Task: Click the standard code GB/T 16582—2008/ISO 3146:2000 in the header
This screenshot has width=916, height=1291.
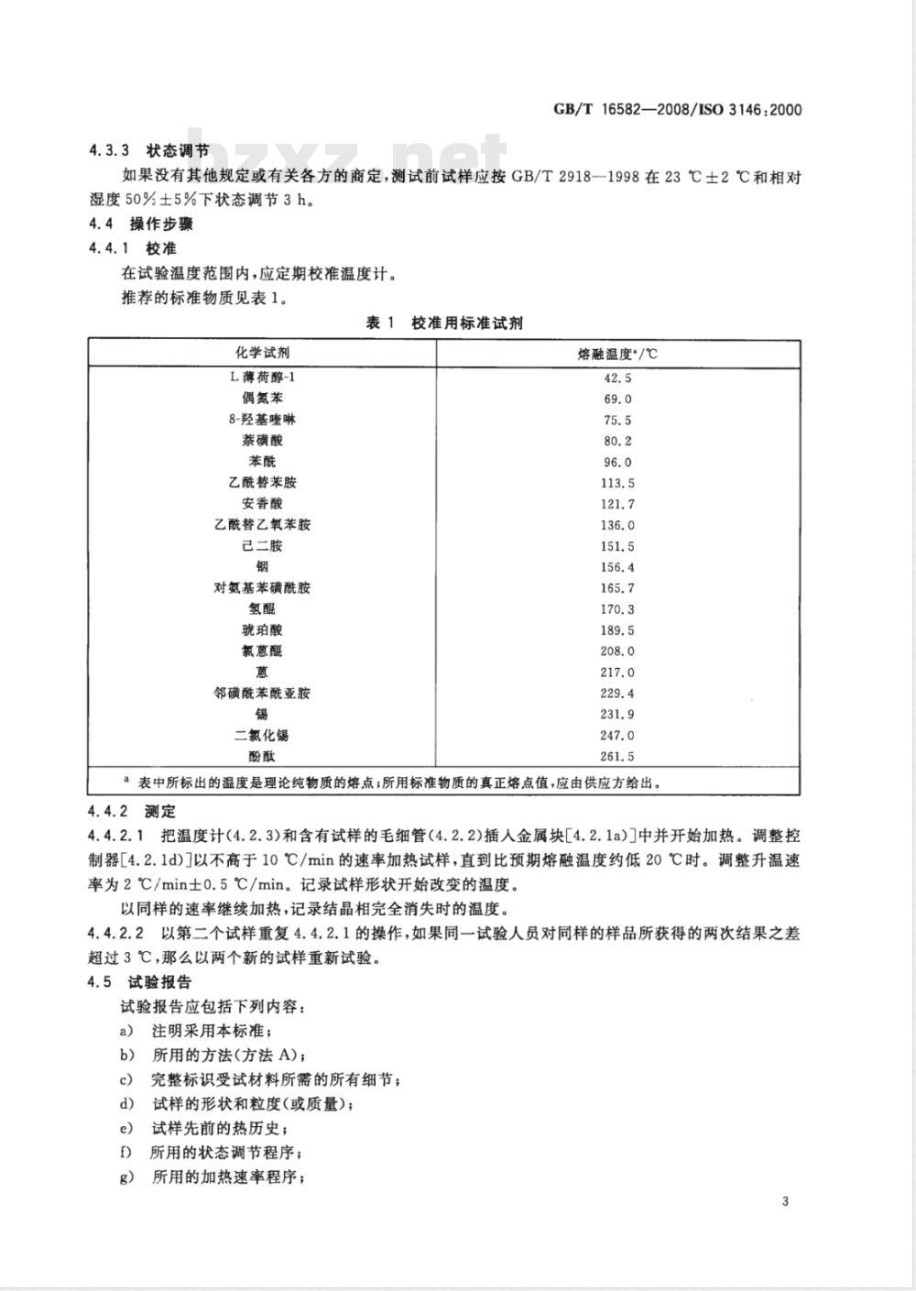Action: click(x=678, y=110)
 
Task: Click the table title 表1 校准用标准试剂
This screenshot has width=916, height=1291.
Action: click(x=444, y=323)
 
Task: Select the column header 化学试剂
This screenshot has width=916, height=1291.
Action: click(x=262, y=354)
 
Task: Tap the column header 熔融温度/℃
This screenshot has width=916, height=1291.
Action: click(x=617, y=354)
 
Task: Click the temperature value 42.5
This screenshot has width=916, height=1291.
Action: click(x=617, y=377)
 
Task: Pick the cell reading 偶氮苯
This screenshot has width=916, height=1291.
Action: click(x=262, y=399)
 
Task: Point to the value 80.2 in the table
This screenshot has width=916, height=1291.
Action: click(x=617, y=441)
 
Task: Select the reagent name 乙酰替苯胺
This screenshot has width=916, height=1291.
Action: click(x=262, y=483)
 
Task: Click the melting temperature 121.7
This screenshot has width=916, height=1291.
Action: click(x=617, y=504)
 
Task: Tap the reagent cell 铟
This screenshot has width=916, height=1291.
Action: click(x=263, y=567)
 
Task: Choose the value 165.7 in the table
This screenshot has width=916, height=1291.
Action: click(x=617, y=588)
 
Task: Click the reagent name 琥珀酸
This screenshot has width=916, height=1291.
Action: click(x=262, y=630)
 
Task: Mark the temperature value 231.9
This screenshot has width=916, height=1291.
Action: click(x=617, y=715)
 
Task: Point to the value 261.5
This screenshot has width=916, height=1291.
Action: click(x=617, y=757)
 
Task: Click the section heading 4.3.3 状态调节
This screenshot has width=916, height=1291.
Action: click(x=149, y=151)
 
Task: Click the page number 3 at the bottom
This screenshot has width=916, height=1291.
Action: click(x=785, y=1203)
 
